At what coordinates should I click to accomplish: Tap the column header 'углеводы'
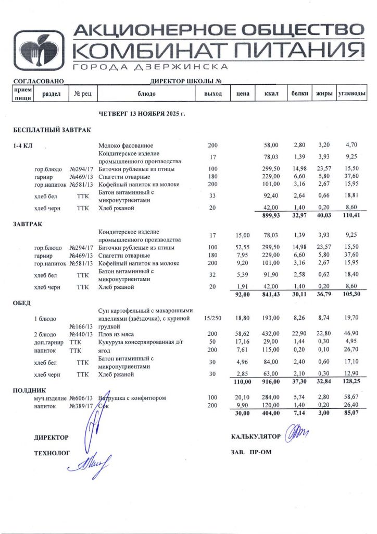351,94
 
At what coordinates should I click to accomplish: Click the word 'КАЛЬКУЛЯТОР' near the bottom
256,436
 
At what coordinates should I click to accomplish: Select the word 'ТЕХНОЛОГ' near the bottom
52,454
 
